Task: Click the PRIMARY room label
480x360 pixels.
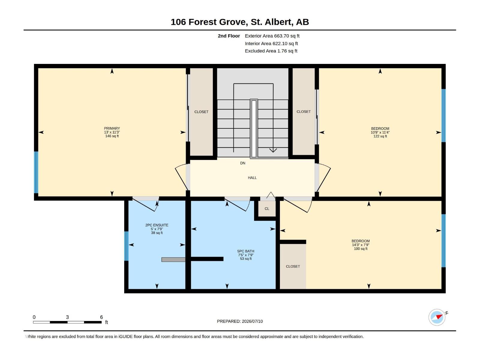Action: click(112, 128)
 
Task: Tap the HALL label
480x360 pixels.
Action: click(252, 178)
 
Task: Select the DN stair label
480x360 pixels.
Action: click(242, 163)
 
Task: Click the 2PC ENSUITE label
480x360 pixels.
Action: click(157, 225)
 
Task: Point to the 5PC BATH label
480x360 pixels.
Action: click(246, 251)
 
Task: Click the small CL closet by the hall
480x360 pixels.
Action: click(267, 209)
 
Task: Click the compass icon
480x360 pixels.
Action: click(437, 317)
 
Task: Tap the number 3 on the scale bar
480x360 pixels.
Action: click(67, 317)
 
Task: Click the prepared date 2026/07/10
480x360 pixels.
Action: click(252, 321)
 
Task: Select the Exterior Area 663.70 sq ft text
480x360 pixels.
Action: click(272, 36)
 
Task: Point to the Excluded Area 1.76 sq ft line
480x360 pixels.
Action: click(271, 51)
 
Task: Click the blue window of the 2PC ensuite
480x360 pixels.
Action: click(126, 246)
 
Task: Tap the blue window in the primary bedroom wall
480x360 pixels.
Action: click(36, 172)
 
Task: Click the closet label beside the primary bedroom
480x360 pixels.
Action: click(201, 112)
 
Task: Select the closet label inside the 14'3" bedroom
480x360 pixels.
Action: click(293, 266)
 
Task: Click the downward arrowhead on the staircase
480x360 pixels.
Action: click(273, 150)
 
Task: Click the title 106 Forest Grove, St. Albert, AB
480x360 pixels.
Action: click(240, 22)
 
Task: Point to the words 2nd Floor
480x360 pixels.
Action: click(229, 36)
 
